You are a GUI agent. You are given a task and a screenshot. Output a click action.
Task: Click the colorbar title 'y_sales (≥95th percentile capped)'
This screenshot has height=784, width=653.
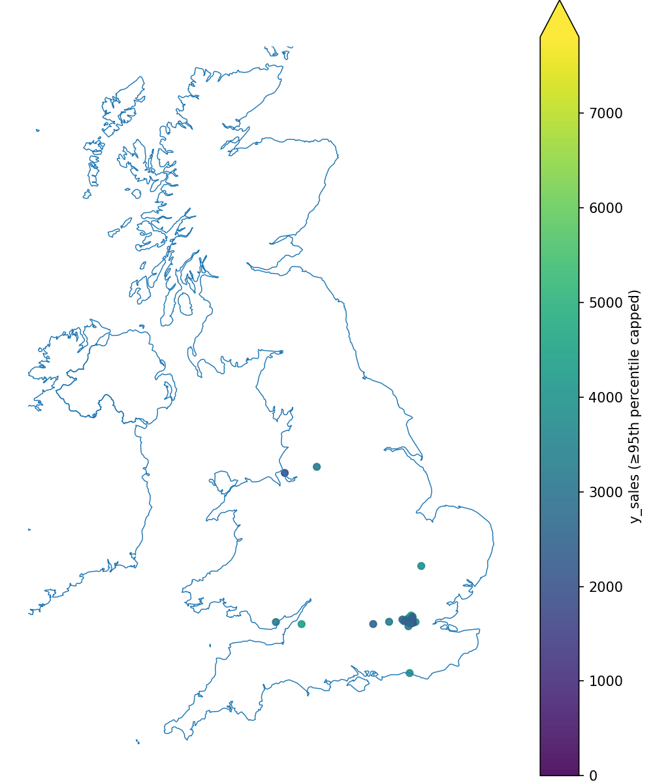click(x=635, y=406)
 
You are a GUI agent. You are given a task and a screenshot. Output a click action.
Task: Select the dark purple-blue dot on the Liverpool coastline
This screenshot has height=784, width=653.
click(x=285, y=473)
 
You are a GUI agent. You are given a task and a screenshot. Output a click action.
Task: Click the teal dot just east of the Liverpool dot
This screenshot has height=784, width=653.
click(x=317, y=466)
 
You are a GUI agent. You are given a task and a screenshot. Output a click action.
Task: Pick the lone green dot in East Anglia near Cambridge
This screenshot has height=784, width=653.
click(x=421, y=566)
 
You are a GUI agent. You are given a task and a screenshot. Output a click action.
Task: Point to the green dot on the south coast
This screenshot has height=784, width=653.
click(x=409, y=673)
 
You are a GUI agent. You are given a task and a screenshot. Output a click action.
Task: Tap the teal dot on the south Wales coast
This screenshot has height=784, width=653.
click(x=276, y=622)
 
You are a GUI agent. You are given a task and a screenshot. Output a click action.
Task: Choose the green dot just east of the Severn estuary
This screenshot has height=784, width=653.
click(x=301, y=624)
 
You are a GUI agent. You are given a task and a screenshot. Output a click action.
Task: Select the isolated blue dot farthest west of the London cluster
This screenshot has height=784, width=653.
click(x=373, y=624)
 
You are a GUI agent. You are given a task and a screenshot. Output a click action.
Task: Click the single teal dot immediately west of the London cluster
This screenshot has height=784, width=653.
click(x=389, y=621)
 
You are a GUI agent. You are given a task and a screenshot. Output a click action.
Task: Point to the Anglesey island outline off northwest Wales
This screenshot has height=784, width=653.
click(x=222, y=482)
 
